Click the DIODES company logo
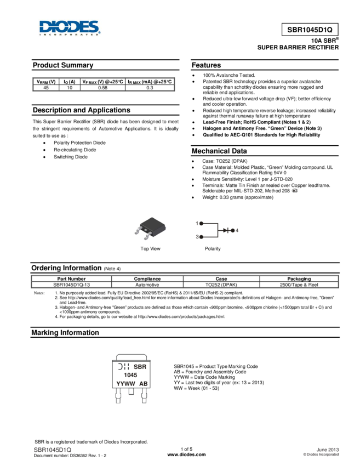(x=70, y=26)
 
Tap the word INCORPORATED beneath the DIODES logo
(x=70, y=34)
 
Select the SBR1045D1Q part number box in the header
(x=310, y=30)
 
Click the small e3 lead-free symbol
(x=294, y=190)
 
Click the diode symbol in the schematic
(x=225, y=230)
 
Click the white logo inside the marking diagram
(x=123, y=367)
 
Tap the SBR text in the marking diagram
(x=140, y=367)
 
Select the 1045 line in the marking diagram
(x=130, y=376)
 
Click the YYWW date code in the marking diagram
(x=125, y=384)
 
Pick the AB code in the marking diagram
(x=142, y=384)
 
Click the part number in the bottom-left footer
(x=53, y=450)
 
